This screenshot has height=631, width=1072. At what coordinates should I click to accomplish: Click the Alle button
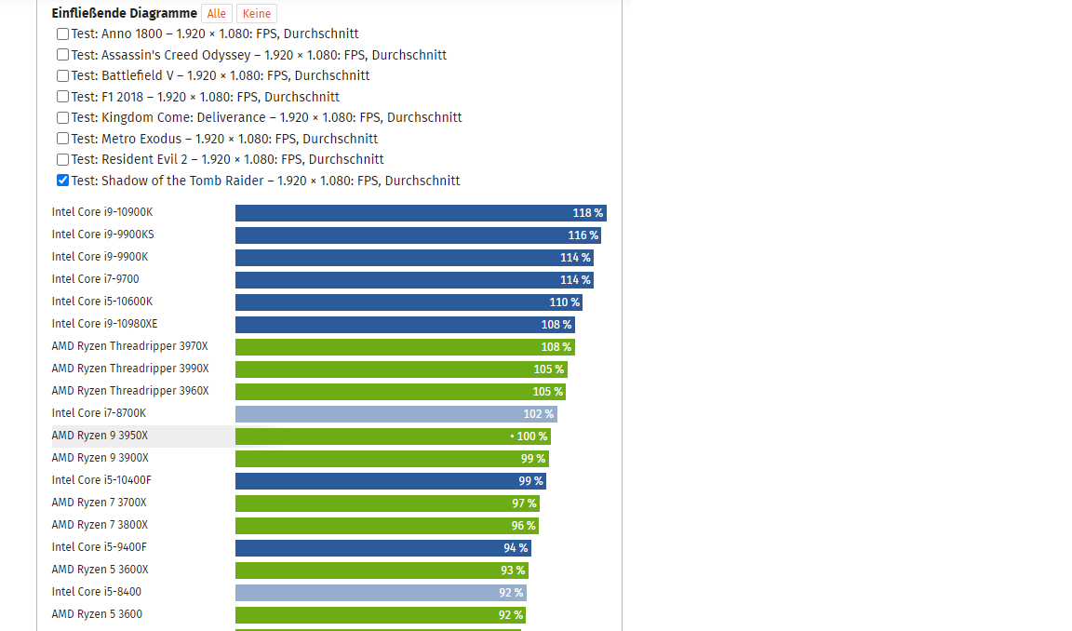click(x=217, y=14)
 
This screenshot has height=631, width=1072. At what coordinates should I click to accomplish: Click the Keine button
click(x=256, y=14)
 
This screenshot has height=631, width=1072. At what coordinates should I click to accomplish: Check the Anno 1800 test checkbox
click(x=62, y=34)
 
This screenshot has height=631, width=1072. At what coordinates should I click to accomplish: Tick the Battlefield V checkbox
click(x=62, y=75)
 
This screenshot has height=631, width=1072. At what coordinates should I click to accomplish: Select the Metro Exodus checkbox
click(x=62, y=139)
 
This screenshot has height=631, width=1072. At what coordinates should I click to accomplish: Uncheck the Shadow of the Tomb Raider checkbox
click(x=62, y=181)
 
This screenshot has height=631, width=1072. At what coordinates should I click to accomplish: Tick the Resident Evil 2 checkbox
click(x=62, y=159)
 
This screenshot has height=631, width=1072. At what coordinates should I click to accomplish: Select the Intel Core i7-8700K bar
click(x=395, y=414)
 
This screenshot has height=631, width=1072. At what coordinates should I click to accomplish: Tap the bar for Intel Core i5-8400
click(x=381, y=593)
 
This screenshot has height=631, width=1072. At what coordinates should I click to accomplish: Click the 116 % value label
click(x=583, y=235)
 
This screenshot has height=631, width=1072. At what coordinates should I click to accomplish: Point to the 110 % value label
click(x=564, y=302)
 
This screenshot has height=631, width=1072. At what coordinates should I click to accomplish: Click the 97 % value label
click(x=524, y=503)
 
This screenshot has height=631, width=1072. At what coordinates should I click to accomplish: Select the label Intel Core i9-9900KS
click(x=102, y=235)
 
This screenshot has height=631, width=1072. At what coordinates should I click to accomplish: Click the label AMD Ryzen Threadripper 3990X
click(x=130, y=369)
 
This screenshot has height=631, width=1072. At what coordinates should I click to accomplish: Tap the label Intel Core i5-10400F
click(x=101, y=480)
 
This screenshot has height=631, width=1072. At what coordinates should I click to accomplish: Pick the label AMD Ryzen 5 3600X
click(x=100, y=570)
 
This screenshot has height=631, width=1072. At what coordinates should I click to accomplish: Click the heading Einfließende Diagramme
click(x=125, y=13)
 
